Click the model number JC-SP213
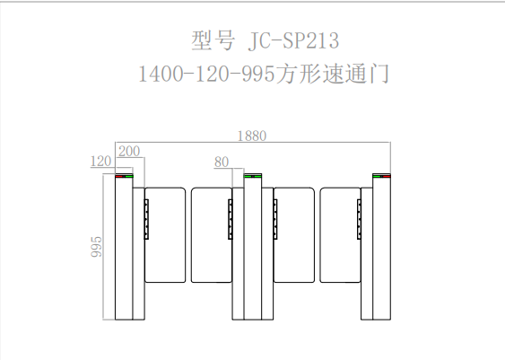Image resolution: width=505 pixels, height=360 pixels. coord(293,40)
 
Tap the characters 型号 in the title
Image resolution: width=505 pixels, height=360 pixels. coord(213,40)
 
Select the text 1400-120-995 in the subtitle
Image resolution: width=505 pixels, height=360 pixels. coord(206,74)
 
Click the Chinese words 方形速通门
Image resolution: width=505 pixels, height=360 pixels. coord(332,74)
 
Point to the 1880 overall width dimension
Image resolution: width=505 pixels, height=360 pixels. coord(252,136)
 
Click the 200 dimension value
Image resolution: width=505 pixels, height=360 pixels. coord(129,151)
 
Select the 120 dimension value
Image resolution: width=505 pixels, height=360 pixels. coord(100,161)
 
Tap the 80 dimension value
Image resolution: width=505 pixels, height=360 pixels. coord(222,162)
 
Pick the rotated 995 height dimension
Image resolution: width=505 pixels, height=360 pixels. coord(96,247)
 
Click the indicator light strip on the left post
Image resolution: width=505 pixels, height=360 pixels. coord(124,176)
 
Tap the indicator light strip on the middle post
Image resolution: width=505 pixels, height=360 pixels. coord(253,176)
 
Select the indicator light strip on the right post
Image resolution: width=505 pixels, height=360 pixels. coord(381,176)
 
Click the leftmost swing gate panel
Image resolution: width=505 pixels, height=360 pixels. coord(165,235)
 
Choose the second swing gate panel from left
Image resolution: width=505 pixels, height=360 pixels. coord(212,235)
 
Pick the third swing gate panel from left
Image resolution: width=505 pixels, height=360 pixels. coord(293,235)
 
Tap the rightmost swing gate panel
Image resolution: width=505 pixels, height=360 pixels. coord(341,235)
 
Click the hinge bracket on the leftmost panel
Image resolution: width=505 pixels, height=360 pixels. coord(146,219)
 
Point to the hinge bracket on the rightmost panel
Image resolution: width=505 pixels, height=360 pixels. coord(359,219)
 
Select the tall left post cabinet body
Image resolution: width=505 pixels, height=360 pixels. coord(124,247)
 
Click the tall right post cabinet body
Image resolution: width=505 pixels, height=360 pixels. coord(381,247)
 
